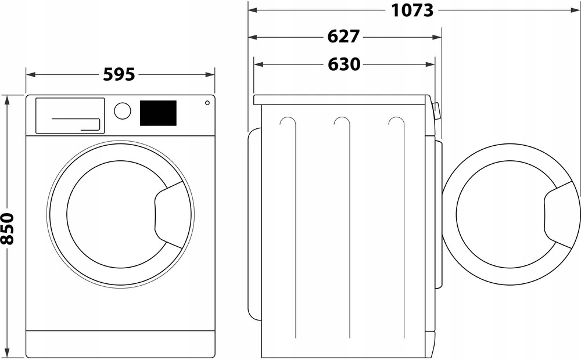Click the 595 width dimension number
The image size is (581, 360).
[119, 74]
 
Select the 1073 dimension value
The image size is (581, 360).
[413, 10]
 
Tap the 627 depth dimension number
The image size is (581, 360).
[344, 37]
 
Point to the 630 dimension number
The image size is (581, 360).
[344, 64]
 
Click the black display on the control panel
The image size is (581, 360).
[157, 113]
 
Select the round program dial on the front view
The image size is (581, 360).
[122, 111]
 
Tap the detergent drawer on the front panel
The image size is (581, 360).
[70, 115]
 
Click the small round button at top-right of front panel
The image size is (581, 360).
[207, 103]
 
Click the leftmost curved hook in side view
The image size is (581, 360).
[287, 121]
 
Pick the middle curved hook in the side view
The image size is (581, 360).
[342, 121]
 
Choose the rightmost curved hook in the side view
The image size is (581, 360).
[396, 121]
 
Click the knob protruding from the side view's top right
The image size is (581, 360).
[436, 110]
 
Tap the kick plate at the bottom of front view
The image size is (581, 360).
[120, 344]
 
